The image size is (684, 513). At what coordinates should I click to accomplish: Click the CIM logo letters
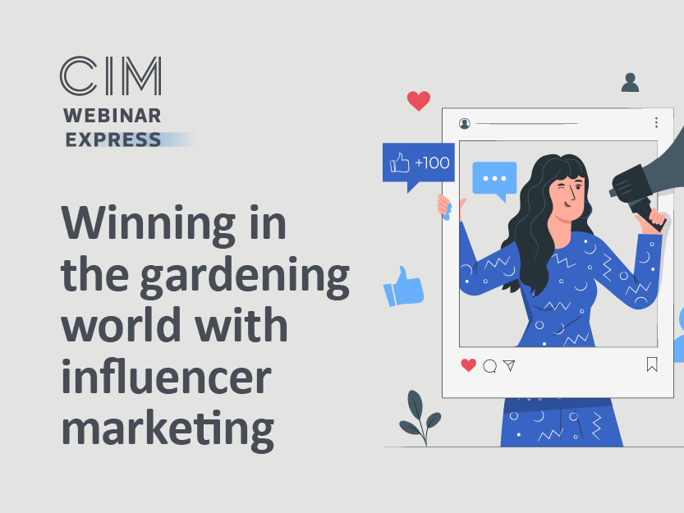[111, 76]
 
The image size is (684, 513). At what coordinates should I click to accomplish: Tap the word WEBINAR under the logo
[112, 116]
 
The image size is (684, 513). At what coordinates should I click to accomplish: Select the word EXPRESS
[113, 140]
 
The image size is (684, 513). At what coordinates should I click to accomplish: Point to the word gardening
[245, 277]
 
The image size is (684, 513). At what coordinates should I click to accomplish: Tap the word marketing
[168, 429]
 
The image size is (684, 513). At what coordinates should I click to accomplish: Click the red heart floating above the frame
[418, 101]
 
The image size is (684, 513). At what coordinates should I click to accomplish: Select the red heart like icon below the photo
[469, 365]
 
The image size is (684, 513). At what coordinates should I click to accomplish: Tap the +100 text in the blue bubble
[432, 163]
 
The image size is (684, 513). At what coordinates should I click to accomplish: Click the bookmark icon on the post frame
[652, 364]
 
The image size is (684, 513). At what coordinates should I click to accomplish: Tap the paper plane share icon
[509, 365]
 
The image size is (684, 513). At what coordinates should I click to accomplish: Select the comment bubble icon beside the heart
[490, 366]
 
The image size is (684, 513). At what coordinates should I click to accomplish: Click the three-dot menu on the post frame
[656, 122]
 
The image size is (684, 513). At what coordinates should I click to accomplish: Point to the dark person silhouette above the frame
[630, 82]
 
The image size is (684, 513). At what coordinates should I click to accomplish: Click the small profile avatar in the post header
[465, 124]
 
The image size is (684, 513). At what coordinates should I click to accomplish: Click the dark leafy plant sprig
[420, 418]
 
